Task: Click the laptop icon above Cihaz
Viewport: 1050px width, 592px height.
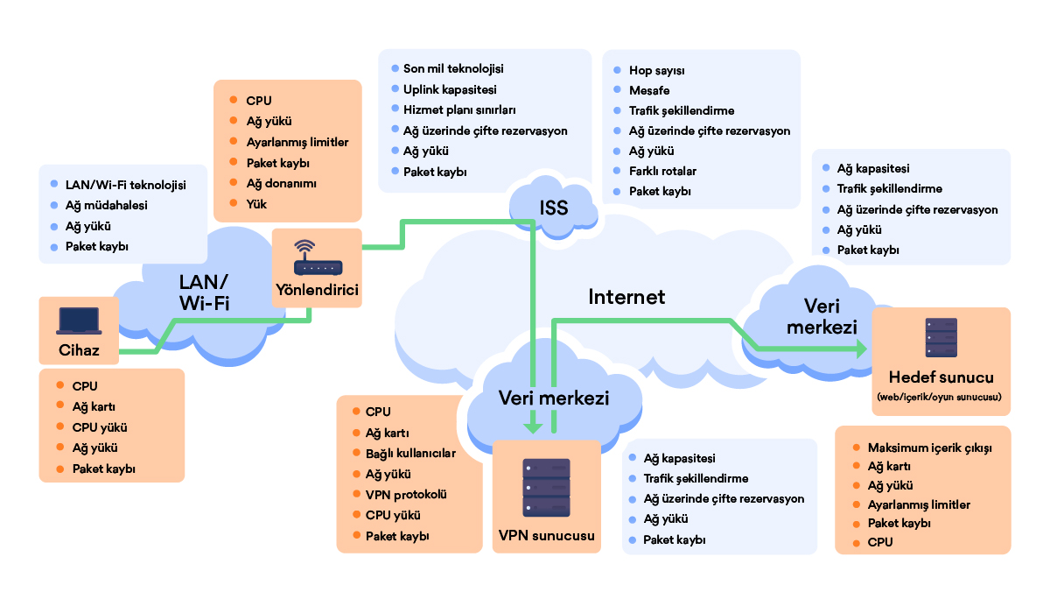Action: pos(79,321)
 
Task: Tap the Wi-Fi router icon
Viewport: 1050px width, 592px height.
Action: pos(318,257)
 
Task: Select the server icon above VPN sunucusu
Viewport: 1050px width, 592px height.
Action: pos(547,488)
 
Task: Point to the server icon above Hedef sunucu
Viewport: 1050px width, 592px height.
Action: pos(941,337)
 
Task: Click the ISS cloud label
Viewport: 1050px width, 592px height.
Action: pos(554,208)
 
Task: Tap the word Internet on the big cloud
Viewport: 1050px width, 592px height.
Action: pos(626,297)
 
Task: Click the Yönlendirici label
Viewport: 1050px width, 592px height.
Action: pos(317,290)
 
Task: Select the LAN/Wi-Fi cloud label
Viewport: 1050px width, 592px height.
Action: pos(205,292)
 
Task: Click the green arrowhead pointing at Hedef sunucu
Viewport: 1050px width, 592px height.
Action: pos(861,349)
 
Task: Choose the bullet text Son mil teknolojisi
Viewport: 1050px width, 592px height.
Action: pos(453,69)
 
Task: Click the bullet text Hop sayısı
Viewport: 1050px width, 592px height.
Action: pos(656,71)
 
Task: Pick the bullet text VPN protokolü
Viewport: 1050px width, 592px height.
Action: pos(406,495)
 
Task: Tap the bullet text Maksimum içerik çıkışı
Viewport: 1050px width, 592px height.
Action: pos(929,448)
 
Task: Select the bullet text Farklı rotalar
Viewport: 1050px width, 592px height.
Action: pos(662,172)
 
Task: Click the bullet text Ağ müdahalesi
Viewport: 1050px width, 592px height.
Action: pos(107,206)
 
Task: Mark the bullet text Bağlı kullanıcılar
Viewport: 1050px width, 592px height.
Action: pos(410,453)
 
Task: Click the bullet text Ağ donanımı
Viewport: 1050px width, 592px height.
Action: pos(281,183)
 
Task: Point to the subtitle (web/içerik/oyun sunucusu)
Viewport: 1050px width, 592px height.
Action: pos(939,397)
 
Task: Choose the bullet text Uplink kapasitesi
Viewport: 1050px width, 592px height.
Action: pos(450,89)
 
